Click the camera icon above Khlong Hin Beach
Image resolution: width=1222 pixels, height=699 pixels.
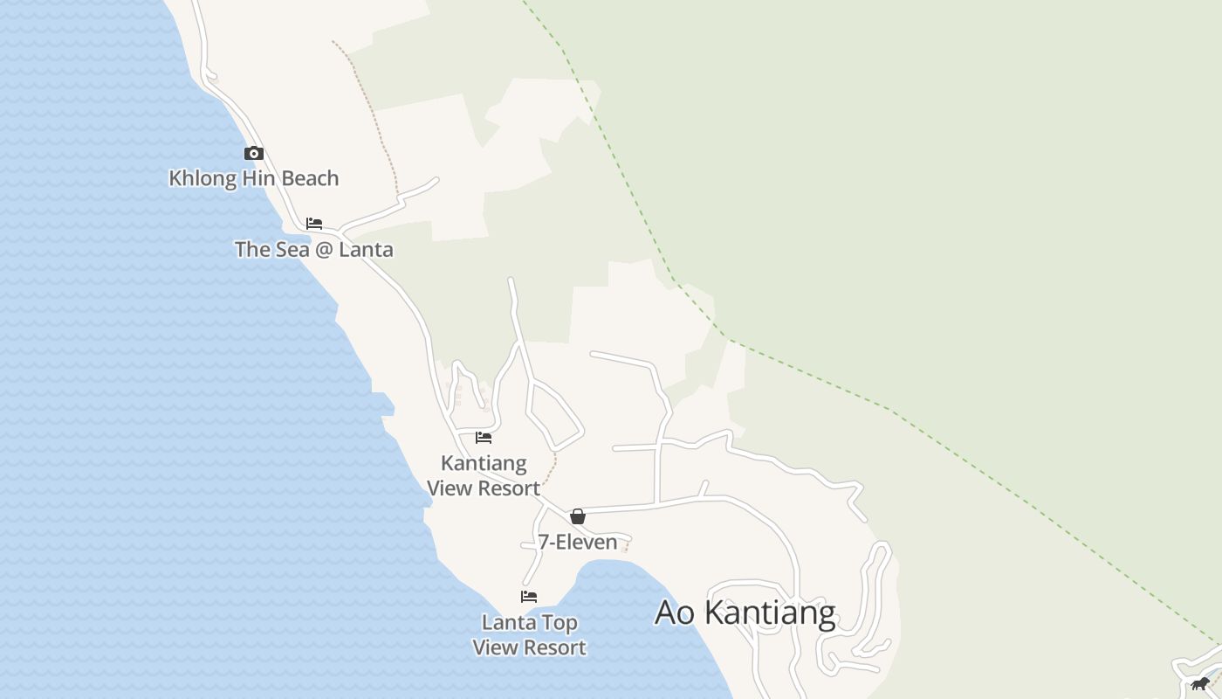tap(254, 154)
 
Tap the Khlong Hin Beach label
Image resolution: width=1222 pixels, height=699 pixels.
tap(253, 178)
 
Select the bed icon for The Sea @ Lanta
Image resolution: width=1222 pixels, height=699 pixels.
tap(314, 224)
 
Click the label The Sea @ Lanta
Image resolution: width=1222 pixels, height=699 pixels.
tap(313, 250)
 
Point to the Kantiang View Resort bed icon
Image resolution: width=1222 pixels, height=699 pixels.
tap(484, 438)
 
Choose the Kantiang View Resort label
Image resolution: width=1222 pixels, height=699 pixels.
tap(484, 475)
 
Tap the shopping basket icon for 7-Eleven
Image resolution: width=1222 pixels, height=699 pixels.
tap(577, 516)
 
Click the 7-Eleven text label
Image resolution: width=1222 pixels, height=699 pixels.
tap(577, 543)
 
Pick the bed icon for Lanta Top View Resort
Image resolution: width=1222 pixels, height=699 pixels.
tap(529, 597)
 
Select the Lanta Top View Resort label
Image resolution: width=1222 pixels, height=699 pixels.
tap(529, 635)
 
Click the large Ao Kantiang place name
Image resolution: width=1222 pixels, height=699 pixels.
tap(745, 612)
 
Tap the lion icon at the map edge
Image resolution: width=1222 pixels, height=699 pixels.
tap(1201, 683)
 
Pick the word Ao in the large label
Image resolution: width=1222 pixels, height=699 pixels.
tap(674, 612)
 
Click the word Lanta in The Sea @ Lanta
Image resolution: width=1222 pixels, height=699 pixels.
tap(366, 250)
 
